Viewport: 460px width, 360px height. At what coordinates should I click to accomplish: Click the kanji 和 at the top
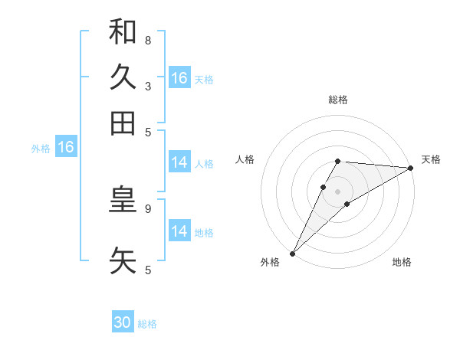(x=123, y=31)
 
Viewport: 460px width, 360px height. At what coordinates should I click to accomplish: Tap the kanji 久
(x=123, y=77)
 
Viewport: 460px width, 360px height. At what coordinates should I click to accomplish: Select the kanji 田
(x=123, y=123)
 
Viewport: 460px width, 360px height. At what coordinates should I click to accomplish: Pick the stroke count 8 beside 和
(x=148, y=40)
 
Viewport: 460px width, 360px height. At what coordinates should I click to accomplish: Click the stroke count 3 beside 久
(x=148, y=86)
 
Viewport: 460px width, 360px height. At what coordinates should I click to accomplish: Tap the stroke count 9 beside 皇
(x=148, y=208)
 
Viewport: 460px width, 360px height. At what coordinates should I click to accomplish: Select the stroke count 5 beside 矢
(x=148, y=269)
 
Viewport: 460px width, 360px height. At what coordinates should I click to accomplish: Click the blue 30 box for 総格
(x=123, y=323)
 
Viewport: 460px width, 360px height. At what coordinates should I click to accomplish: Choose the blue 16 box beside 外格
(x=66, y=147)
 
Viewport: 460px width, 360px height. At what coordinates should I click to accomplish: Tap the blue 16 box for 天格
(x=179, y=78)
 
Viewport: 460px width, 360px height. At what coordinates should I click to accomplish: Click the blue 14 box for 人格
(x=179, y=162)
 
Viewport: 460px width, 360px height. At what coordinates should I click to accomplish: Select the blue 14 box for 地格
(x=179, y=231)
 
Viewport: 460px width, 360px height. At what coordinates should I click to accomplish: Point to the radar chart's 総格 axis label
(x=338, y=100)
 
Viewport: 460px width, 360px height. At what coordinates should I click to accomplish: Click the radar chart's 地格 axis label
(x=402, y=262)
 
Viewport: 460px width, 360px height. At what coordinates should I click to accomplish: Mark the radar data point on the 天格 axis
(x=411, y=168)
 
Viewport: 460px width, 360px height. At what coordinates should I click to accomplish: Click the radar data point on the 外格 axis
(x=292, y=253)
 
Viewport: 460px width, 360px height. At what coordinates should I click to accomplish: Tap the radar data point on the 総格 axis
(x=338, y=161)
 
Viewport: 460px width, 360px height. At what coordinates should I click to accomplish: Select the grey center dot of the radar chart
(x=338, y=191)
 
